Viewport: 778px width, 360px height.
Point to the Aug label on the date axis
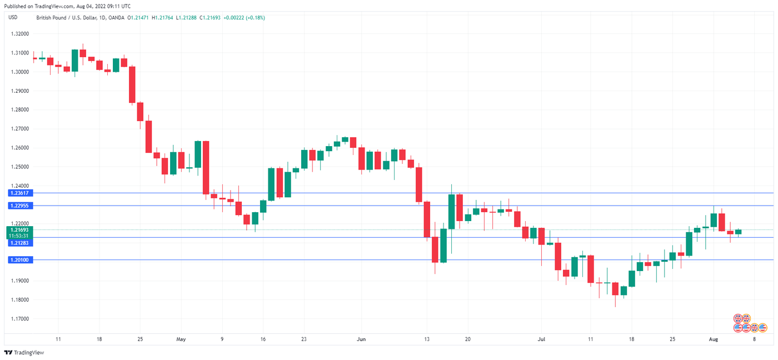click(x=714, y=338)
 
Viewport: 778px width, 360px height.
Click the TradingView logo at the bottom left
click(x=24, y=353)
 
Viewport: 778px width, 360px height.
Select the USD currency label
click(x=13, y=17)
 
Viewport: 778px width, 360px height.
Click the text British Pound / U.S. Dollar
click(x=66, y=18)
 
